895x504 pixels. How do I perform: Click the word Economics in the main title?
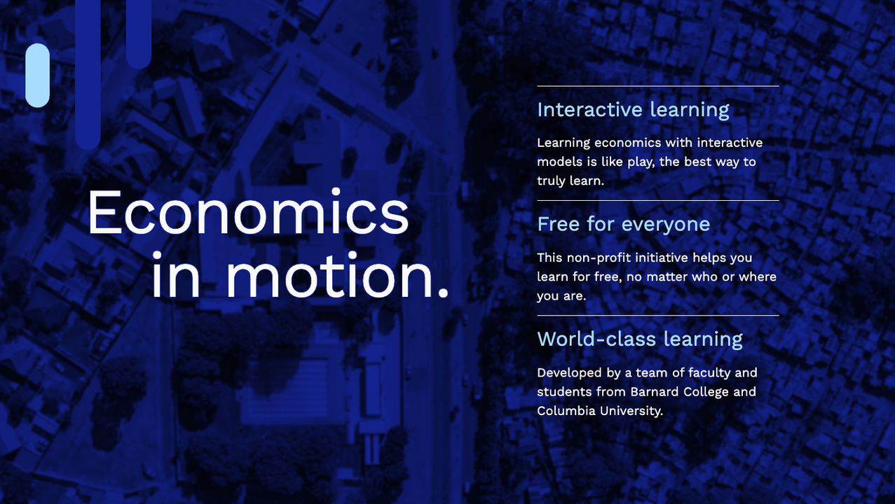point(247,213)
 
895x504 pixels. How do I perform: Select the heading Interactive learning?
point(633,110)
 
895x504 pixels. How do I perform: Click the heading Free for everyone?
point(623,224)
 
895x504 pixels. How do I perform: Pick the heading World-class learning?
point(639,339)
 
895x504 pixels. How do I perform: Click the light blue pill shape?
point(38,76)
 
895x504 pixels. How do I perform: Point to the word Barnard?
point(655,391)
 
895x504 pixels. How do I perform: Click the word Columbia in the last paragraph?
point(566,411)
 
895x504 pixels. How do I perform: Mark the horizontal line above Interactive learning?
point(657,86)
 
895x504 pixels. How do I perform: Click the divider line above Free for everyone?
point(657,201)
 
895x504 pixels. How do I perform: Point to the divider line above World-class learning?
point(657,316)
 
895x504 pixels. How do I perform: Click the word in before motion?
point(175,277)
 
